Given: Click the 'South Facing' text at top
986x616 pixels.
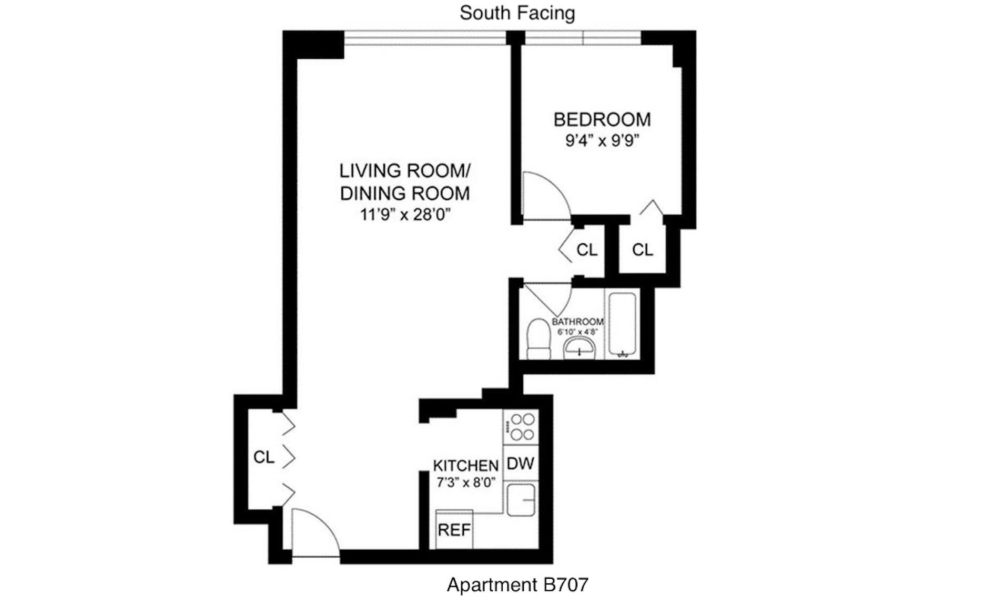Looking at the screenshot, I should click(517, 13).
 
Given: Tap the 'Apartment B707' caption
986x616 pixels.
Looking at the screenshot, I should click(517, 584).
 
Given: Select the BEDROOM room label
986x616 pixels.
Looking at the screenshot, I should click(602, 120).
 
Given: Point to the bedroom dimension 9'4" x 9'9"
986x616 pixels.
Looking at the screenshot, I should click(602, 141).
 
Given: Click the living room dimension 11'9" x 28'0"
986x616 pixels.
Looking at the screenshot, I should click(405, 214).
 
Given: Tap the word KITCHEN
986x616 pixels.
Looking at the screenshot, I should click(465, 466).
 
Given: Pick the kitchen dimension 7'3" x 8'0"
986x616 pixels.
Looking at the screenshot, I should click(465, 482).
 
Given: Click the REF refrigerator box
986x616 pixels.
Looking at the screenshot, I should click(454, 530).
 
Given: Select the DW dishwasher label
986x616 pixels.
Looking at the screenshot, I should click(520, 464).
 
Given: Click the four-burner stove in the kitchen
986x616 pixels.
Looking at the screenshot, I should click(521, 427).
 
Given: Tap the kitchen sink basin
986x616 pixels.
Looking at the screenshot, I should click(521, 499).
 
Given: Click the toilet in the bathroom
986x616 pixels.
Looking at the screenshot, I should click(538, 339).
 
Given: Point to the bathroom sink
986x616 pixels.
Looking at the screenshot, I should click(580, 348).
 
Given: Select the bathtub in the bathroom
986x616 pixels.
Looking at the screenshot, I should click(623, 325).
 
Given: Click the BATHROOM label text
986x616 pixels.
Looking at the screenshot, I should click(577, 321).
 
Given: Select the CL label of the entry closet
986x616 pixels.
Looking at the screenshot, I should click(263, 457).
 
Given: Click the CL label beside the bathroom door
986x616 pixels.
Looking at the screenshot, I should click(587, 250).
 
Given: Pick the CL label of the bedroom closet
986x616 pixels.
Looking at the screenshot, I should click(642, 250).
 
